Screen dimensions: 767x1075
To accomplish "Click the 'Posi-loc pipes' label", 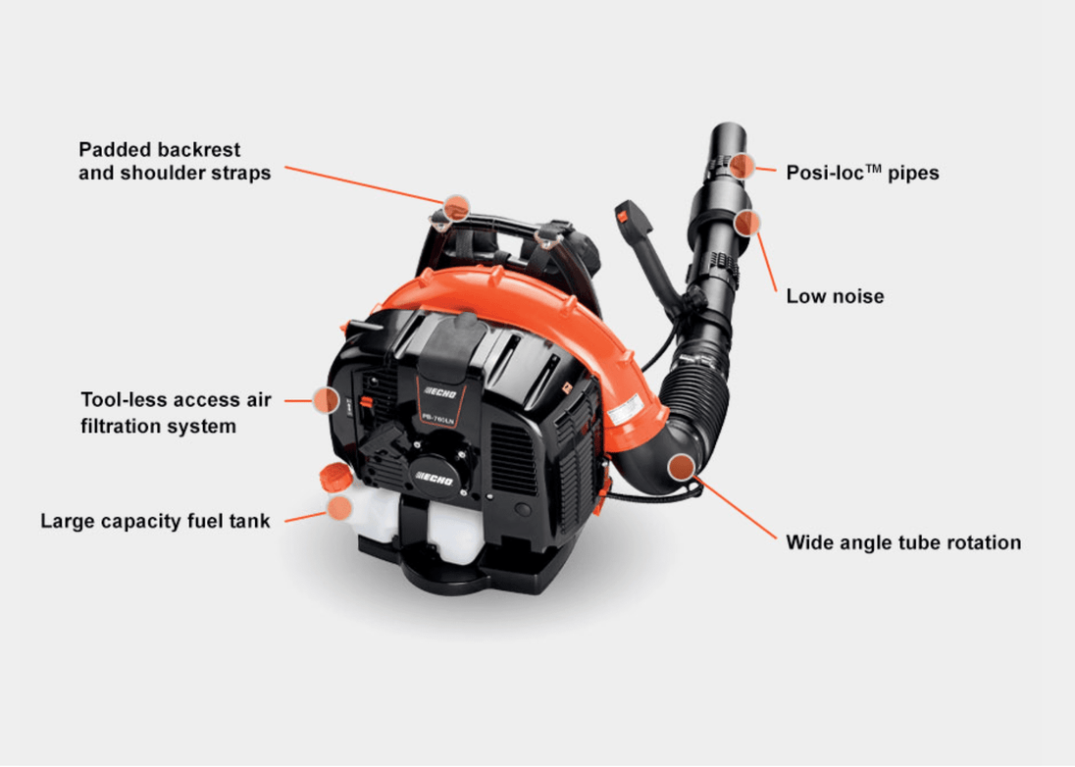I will pos(862,173).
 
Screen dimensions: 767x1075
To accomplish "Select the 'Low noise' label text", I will pos(835,295).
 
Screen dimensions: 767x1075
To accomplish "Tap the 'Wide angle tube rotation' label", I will pos(903,542).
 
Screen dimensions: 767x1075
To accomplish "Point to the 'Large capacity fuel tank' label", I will pos(155,521).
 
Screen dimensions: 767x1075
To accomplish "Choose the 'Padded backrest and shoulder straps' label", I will pos(175,161).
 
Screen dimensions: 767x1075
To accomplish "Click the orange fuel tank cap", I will pos(333,478).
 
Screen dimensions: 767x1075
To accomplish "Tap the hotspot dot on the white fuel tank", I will pos(338,507).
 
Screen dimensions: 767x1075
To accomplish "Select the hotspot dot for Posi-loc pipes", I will pos(742,165).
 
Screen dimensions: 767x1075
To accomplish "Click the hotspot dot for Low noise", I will pos(748,223).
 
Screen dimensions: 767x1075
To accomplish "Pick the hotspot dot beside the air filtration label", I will pos(326,399).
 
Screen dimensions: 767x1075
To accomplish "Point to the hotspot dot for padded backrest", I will pos(455,207).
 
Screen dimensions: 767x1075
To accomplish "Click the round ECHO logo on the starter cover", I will pos(436,477).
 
